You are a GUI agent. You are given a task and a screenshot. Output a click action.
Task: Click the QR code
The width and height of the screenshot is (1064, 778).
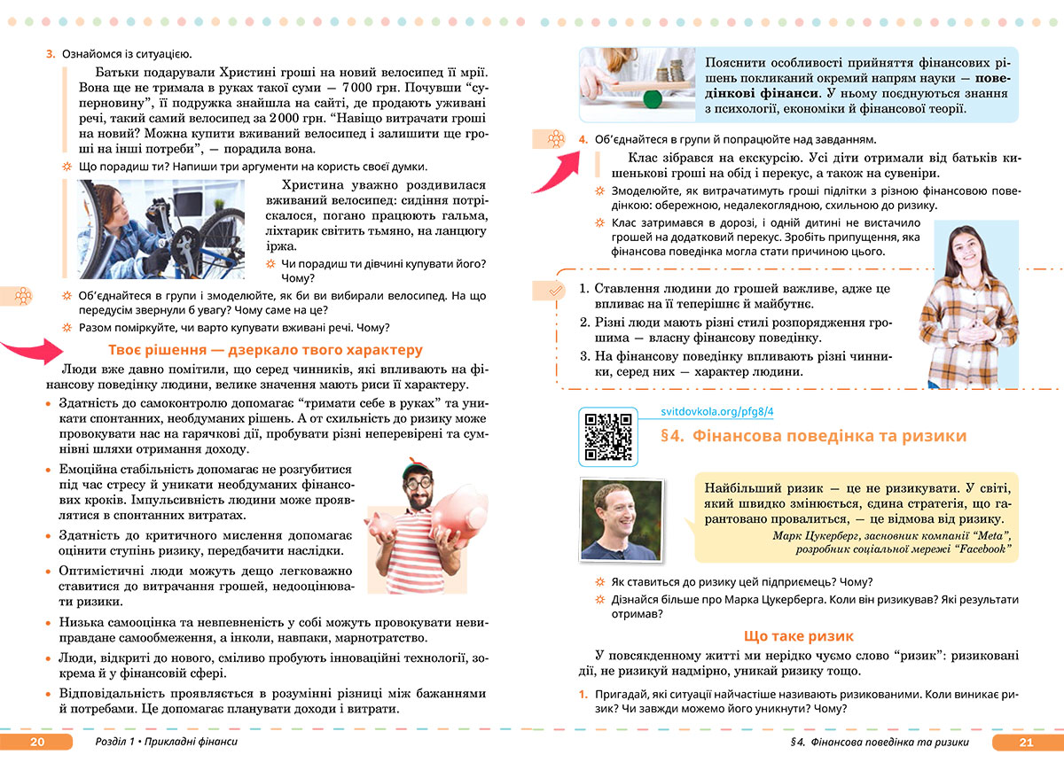click(607, 436)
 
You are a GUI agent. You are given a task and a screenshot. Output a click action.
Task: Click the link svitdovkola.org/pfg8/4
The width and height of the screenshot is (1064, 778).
click(718, 412)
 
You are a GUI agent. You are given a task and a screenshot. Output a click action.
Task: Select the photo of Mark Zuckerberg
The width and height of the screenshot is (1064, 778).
click(621, 521)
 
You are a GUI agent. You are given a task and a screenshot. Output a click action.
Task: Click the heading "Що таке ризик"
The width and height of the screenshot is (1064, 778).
click(799, 636)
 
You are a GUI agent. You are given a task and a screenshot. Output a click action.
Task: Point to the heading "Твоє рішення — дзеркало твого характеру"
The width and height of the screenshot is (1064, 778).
click(265, 349)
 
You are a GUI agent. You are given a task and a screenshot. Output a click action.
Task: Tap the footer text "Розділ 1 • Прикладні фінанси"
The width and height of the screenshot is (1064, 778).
click(166, 743)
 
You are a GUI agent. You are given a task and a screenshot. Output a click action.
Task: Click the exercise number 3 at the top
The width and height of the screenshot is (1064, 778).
click(51, 55)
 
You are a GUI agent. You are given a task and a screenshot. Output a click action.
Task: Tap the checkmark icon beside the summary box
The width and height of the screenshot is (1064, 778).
click(555, 290)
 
